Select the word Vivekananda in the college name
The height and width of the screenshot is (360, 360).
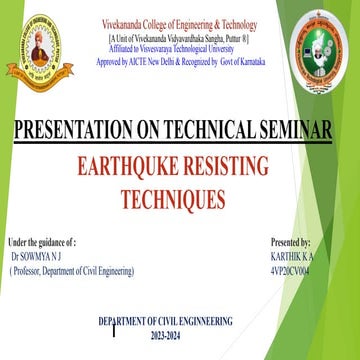(x=127, y=23)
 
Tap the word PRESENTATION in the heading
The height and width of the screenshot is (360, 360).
(x=75, y=130)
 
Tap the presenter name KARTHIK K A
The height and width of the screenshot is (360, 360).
(x=294, y=256)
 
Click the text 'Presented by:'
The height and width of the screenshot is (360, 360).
(x=291, y=242)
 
